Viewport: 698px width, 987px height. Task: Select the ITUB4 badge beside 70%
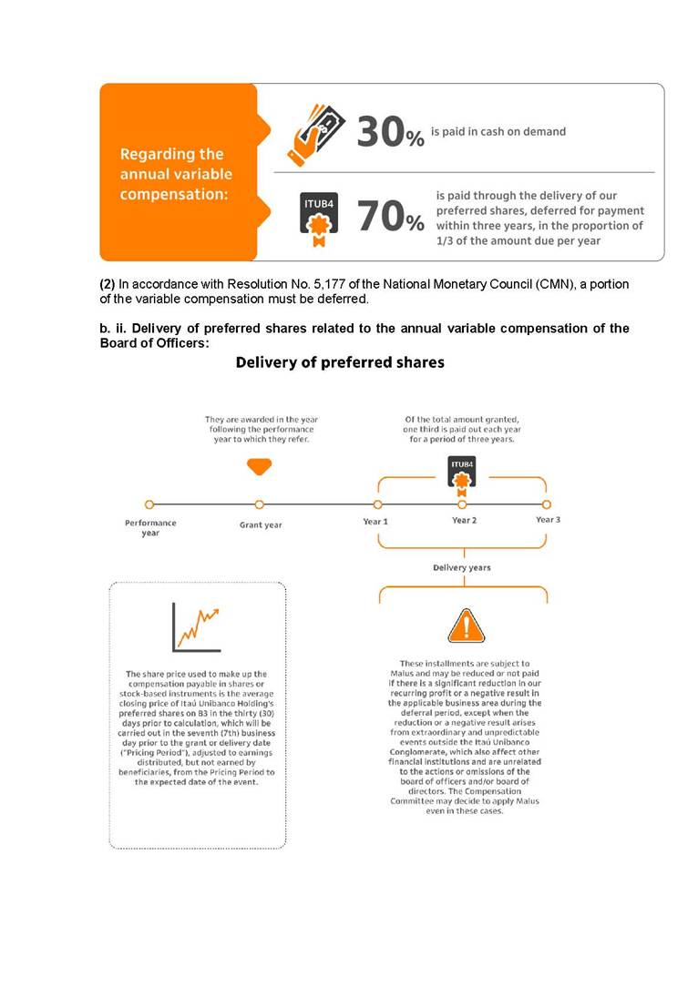319,215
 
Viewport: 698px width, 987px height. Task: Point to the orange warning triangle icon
465,626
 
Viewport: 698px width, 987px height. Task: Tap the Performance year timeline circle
149,504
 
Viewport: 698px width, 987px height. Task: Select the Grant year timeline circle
260,504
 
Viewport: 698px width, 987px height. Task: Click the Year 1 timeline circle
377,504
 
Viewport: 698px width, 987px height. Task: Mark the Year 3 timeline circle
547,504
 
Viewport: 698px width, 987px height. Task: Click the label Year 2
464,521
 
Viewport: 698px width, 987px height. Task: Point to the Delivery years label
461,567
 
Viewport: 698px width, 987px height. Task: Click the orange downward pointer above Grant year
260,466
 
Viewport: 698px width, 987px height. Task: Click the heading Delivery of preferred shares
340,362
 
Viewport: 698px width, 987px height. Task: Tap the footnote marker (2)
108,285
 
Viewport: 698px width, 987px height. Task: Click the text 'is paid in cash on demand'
498,131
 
